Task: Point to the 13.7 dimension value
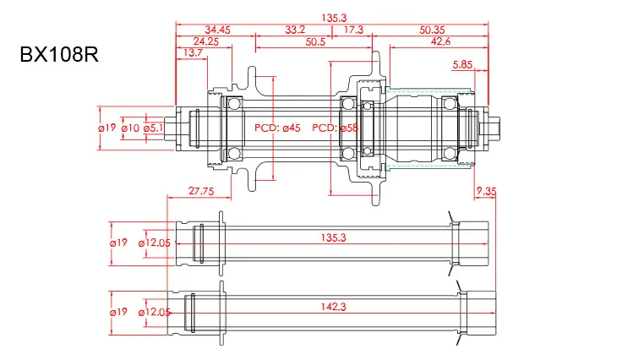[193, 52]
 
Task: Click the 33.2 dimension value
[295, 29]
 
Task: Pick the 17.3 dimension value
[353, 29]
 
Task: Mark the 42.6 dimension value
[440, 41]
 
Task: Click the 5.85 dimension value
[462, 64]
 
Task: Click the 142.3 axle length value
[334, 307]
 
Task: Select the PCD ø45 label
[277, 128]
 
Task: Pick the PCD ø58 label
[336, 128]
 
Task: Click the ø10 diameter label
[130, 128]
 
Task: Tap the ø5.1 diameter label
[153, 128]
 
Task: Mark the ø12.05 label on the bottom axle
[154, 312]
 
